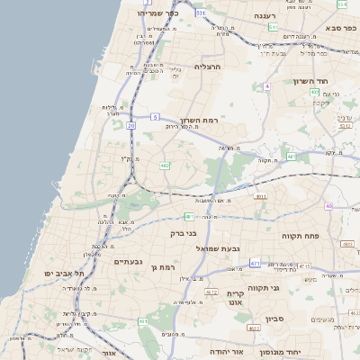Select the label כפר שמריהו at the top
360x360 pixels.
(x=158, y=13)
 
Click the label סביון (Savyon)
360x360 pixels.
(x=275, y=319)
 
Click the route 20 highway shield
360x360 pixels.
(x=130, y=125)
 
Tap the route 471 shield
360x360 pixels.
(x=256, y=263)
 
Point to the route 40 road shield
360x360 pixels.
(x=328, y=207)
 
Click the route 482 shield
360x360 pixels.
(x=165, y=166)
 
